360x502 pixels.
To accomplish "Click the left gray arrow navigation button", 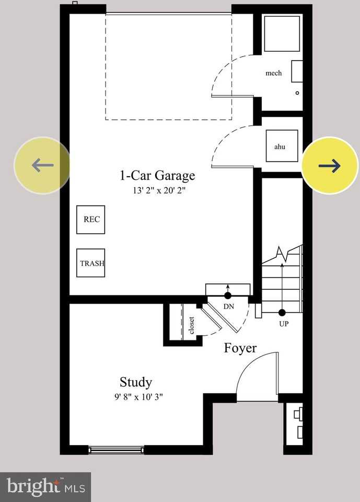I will (42, 166).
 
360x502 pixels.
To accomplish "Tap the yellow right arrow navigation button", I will (330, 166).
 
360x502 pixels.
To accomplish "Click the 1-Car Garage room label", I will (157, 176).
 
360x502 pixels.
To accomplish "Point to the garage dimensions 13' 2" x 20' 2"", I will (159, 191).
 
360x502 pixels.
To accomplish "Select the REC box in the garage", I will (90, 220).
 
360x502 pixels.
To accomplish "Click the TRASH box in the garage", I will (91, 263).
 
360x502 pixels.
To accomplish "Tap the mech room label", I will (274, 73).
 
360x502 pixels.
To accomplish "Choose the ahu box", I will (280, 147).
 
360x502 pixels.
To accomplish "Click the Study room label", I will (136, 382).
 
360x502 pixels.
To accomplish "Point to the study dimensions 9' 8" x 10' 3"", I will (139, 397).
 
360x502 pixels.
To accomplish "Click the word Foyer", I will (240, 348).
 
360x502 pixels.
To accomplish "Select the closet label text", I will (192, 325).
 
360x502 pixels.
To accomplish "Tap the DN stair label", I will (229, 307).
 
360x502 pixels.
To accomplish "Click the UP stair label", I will (283, 324).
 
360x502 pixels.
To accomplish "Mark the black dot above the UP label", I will (282, 313).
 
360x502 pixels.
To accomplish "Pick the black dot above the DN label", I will (228, 296).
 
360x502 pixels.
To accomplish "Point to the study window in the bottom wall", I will (116, 449).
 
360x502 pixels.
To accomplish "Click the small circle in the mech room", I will (297, 93).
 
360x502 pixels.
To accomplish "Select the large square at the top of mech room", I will (282, 33).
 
